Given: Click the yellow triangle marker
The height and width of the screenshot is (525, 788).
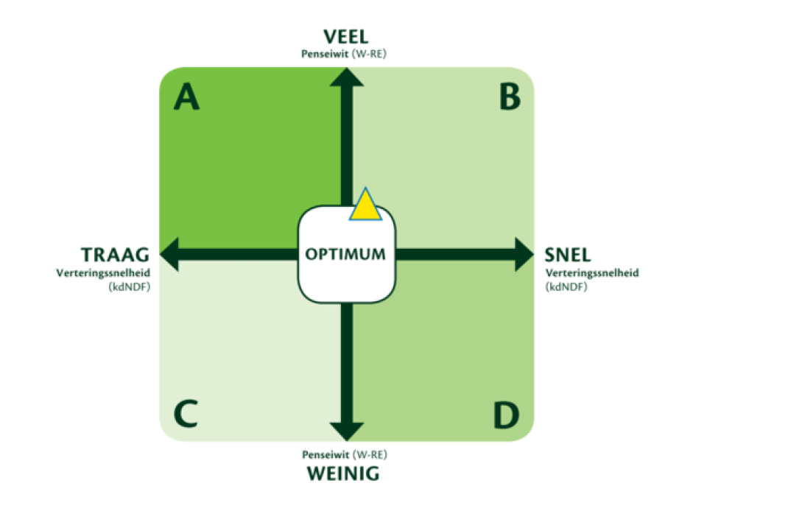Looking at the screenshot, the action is coord(365,207).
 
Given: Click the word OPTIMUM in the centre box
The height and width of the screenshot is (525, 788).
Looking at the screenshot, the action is coord(345,254).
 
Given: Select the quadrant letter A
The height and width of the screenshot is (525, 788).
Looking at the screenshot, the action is coord(186,96).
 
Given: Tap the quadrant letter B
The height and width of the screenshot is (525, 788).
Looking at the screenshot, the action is coord(510,96).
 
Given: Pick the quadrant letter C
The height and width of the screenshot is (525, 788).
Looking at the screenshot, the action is coord(186,414).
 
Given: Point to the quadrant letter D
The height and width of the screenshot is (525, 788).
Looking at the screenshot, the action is coord(505,415).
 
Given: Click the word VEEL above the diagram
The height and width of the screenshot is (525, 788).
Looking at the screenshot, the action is coord(345,37).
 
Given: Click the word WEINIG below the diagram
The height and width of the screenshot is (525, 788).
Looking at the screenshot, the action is coord(343,473).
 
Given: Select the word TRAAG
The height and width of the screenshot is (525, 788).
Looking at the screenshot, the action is coord(115,255).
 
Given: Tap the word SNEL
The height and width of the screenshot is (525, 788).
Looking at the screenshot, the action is coord(567,255).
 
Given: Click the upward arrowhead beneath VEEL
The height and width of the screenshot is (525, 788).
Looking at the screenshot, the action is coord(347,77).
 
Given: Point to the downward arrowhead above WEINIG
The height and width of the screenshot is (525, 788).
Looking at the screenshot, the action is coord(347,431).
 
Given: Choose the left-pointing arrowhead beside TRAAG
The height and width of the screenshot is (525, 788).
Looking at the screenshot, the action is coord(169,254).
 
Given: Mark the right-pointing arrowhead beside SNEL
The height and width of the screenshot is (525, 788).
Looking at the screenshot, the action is coord(524,254).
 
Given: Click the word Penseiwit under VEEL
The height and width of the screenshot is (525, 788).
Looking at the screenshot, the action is coord(325,54).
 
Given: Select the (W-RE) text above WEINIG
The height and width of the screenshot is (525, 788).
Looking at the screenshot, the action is coord(370,454).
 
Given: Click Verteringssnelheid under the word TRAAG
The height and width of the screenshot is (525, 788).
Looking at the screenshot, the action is coord(103,273).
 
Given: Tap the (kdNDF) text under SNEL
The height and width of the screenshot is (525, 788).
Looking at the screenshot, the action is coord(566,287).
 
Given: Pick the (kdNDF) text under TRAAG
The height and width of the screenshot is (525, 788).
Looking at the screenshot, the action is coord(129,287).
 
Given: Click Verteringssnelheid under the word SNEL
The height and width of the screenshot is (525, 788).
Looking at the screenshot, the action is coord(592,273).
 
